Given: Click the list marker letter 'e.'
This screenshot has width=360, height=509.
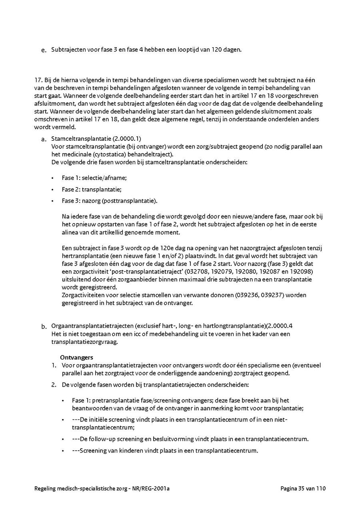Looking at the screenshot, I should (44, 50).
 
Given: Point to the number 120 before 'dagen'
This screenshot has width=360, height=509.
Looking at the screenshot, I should (219, 50).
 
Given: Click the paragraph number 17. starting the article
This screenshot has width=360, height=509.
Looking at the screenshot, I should (38, 80).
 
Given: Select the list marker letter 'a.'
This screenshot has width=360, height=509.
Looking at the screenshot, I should (44, 140).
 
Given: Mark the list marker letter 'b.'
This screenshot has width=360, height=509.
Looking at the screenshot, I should (44, 327).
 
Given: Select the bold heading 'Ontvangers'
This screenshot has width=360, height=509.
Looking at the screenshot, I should (76, 357).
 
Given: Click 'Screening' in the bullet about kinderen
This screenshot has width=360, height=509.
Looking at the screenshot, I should (92, 451).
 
